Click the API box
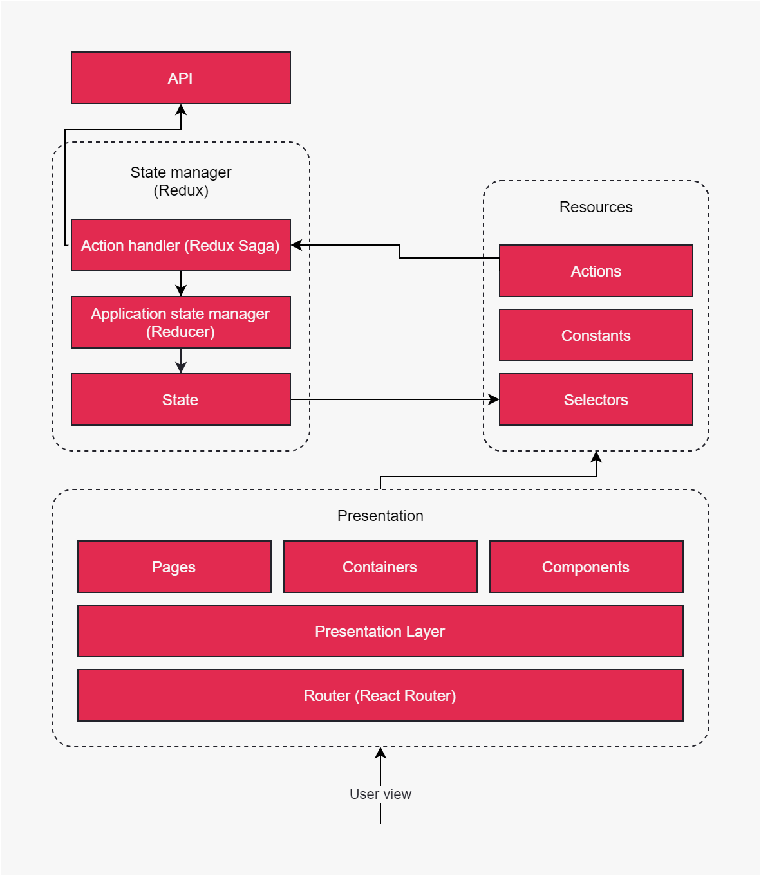click(181, 78)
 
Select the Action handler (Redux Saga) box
click(181, 245)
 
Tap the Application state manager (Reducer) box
click(181, 322)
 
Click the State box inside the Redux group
click(181, 399)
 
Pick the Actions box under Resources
click(596, 271)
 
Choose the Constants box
click(596, 335)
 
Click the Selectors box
click(596, 399)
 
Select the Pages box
click(174, 567)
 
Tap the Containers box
click(380, 567)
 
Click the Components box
click(587, 567)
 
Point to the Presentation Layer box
click(380, 631)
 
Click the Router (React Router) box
click(380, 695)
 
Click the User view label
click(380, 794)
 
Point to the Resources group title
click(596, 207)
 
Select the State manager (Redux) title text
click(181, 181)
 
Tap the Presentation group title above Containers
click(380, 515)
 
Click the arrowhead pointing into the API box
click(181, 109)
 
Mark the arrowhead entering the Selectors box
click(494, 399)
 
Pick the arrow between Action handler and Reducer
click(181, 284)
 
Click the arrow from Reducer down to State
click(181, 361)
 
